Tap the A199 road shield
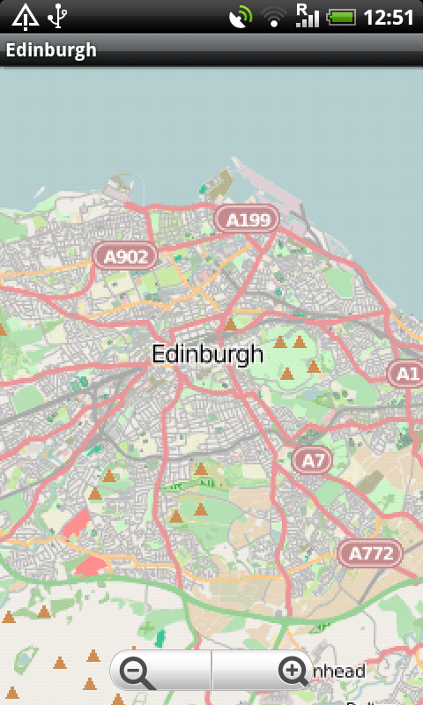tap(247, 219)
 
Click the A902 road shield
tap(125, 256)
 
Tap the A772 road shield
tap(369, 553)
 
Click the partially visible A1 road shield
tap(406, 374)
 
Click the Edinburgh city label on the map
tap(207, 354)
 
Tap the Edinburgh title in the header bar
tap(51, 50)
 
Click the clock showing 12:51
tap(389, 17)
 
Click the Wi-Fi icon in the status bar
tap(275, 17)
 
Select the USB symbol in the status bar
tap(58, 16)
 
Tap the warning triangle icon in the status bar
tap(25, 16)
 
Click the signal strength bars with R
tap(307, 16)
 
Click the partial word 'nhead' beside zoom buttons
tap(338, 672)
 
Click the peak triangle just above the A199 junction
tap(231, 325)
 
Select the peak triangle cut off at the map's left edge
tap(3, 330)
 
